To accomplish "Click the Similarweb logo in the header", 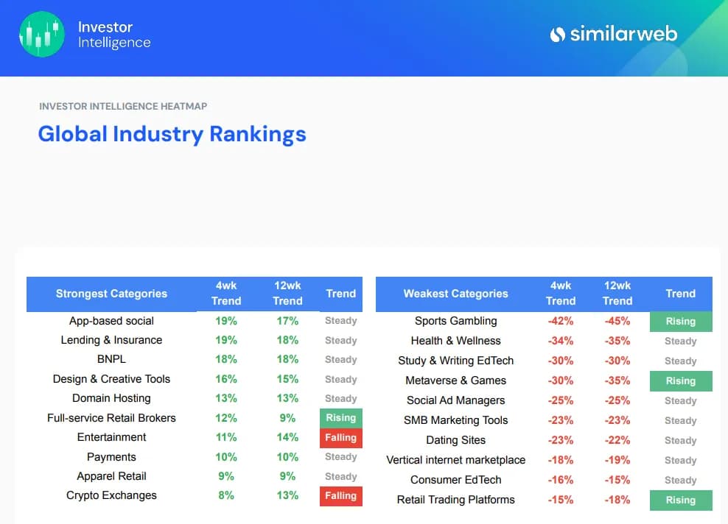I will (613, 34).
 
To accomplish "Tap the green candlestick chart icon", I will (42, 34).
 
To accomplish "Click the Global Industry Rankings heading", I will (172, 134).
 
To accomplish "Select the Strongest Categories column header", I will (111, 294).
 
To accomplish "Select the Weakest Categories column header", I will (455, 294).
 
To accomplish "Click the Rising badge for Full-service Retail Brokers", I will (340, 418).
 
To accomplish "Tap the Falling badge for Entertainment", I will (340, 438).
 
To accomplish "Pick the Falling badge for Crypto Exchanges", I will (340, 496).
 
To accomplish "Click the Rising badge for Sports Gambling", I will (680, 322).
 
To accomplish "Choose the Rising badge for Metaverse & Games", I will (680, 381).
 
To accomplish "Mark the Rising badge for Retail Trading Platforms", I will (680, 500).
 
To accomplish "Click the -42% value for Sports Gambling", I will (560, 321).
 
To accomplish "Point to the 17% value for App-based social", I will (287, 321).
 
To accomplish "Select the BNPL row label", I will (111, 359).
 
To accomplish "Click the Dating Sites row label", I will (455, 440).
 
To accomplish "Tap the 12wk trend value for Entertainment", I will (287, 437).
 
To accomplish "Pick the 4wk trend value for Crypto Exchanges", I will (226, 495).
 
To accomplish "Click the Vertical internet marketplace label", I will (455, 460).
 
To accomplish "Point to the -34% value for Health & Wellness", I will (560, 341).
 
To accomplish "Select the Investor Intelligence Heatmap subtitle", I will (123, 106).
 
